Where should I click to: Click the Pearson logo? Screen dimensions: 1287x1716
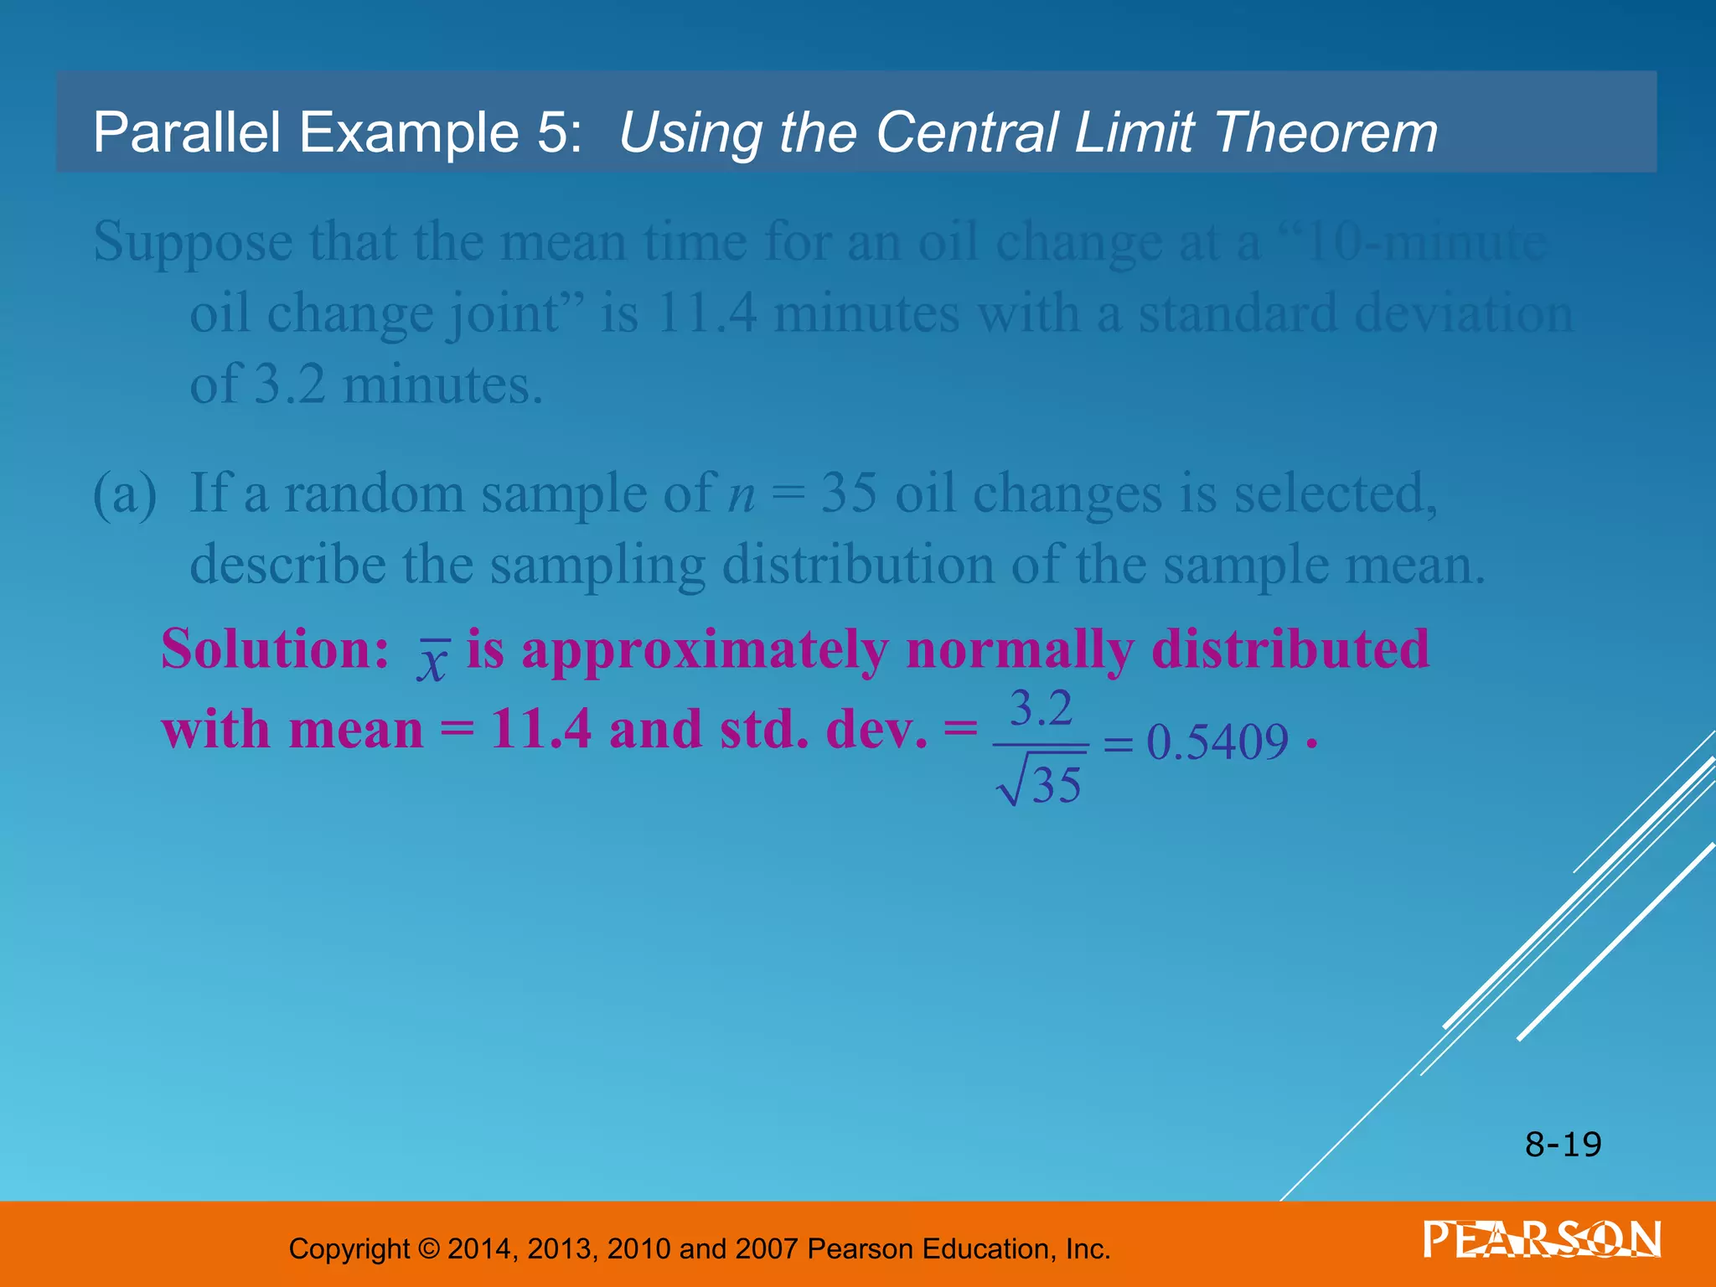click(x=1542, y=1239)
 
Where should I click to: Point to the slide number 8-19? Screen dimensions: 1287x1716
click(x=1563, y=1145)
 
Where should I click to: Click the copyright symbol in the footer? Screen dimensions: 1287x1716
click(x=428, y=1249)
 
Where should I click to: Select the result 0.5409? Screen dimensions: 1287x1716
click(x=1217, y=742)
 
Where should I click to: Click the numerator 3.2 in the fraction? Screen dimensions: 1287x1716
click(x=1041, y=709)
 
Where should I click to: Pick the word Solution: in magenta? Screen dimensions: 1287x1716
click(x=275, y=649)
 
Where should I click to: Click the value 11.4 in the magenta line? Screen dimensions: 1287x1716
click(x=540, y=730)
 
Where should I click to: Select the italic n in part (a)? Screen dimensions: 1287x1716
click(x=741, y=494)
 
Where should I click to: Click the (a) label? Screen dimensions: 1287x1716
click(x=125, y=494)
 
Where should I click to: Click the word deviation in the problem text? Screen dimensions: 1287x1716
click(x=1463, y=314)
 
